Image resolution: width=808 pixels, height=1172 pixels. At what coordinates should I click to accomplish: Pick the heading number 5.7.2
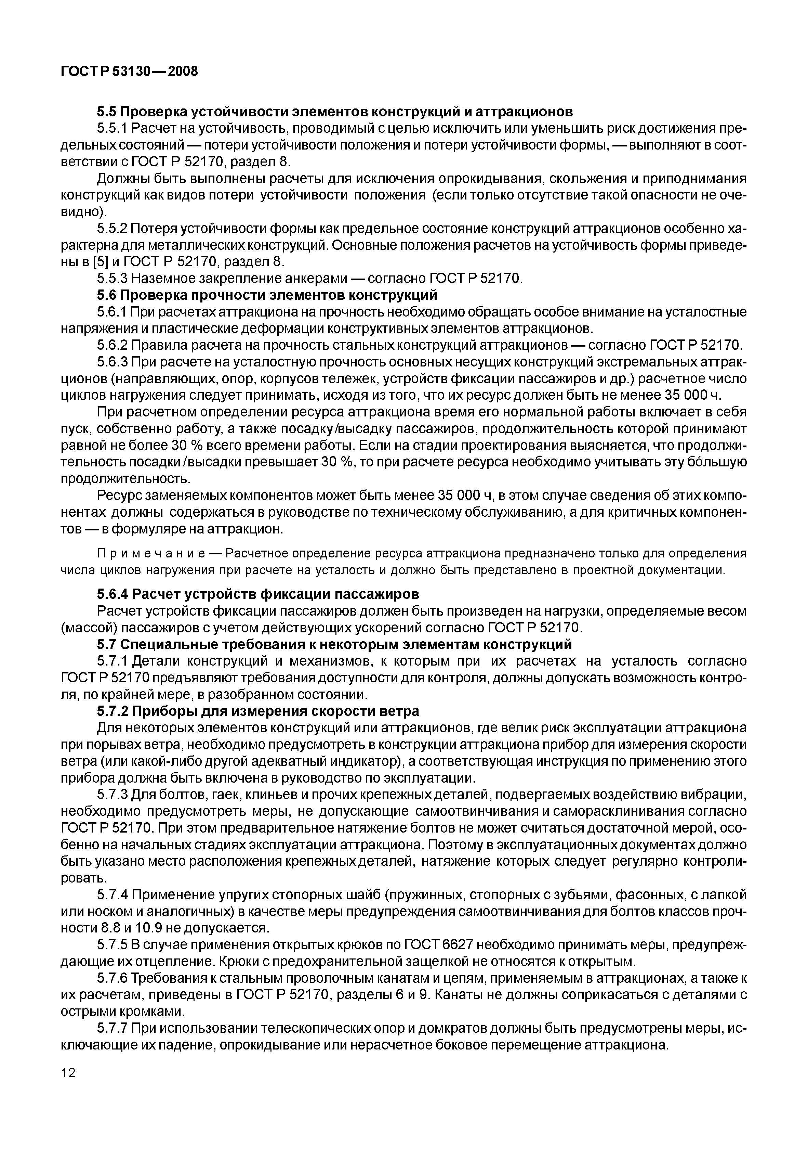[113, 711]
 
